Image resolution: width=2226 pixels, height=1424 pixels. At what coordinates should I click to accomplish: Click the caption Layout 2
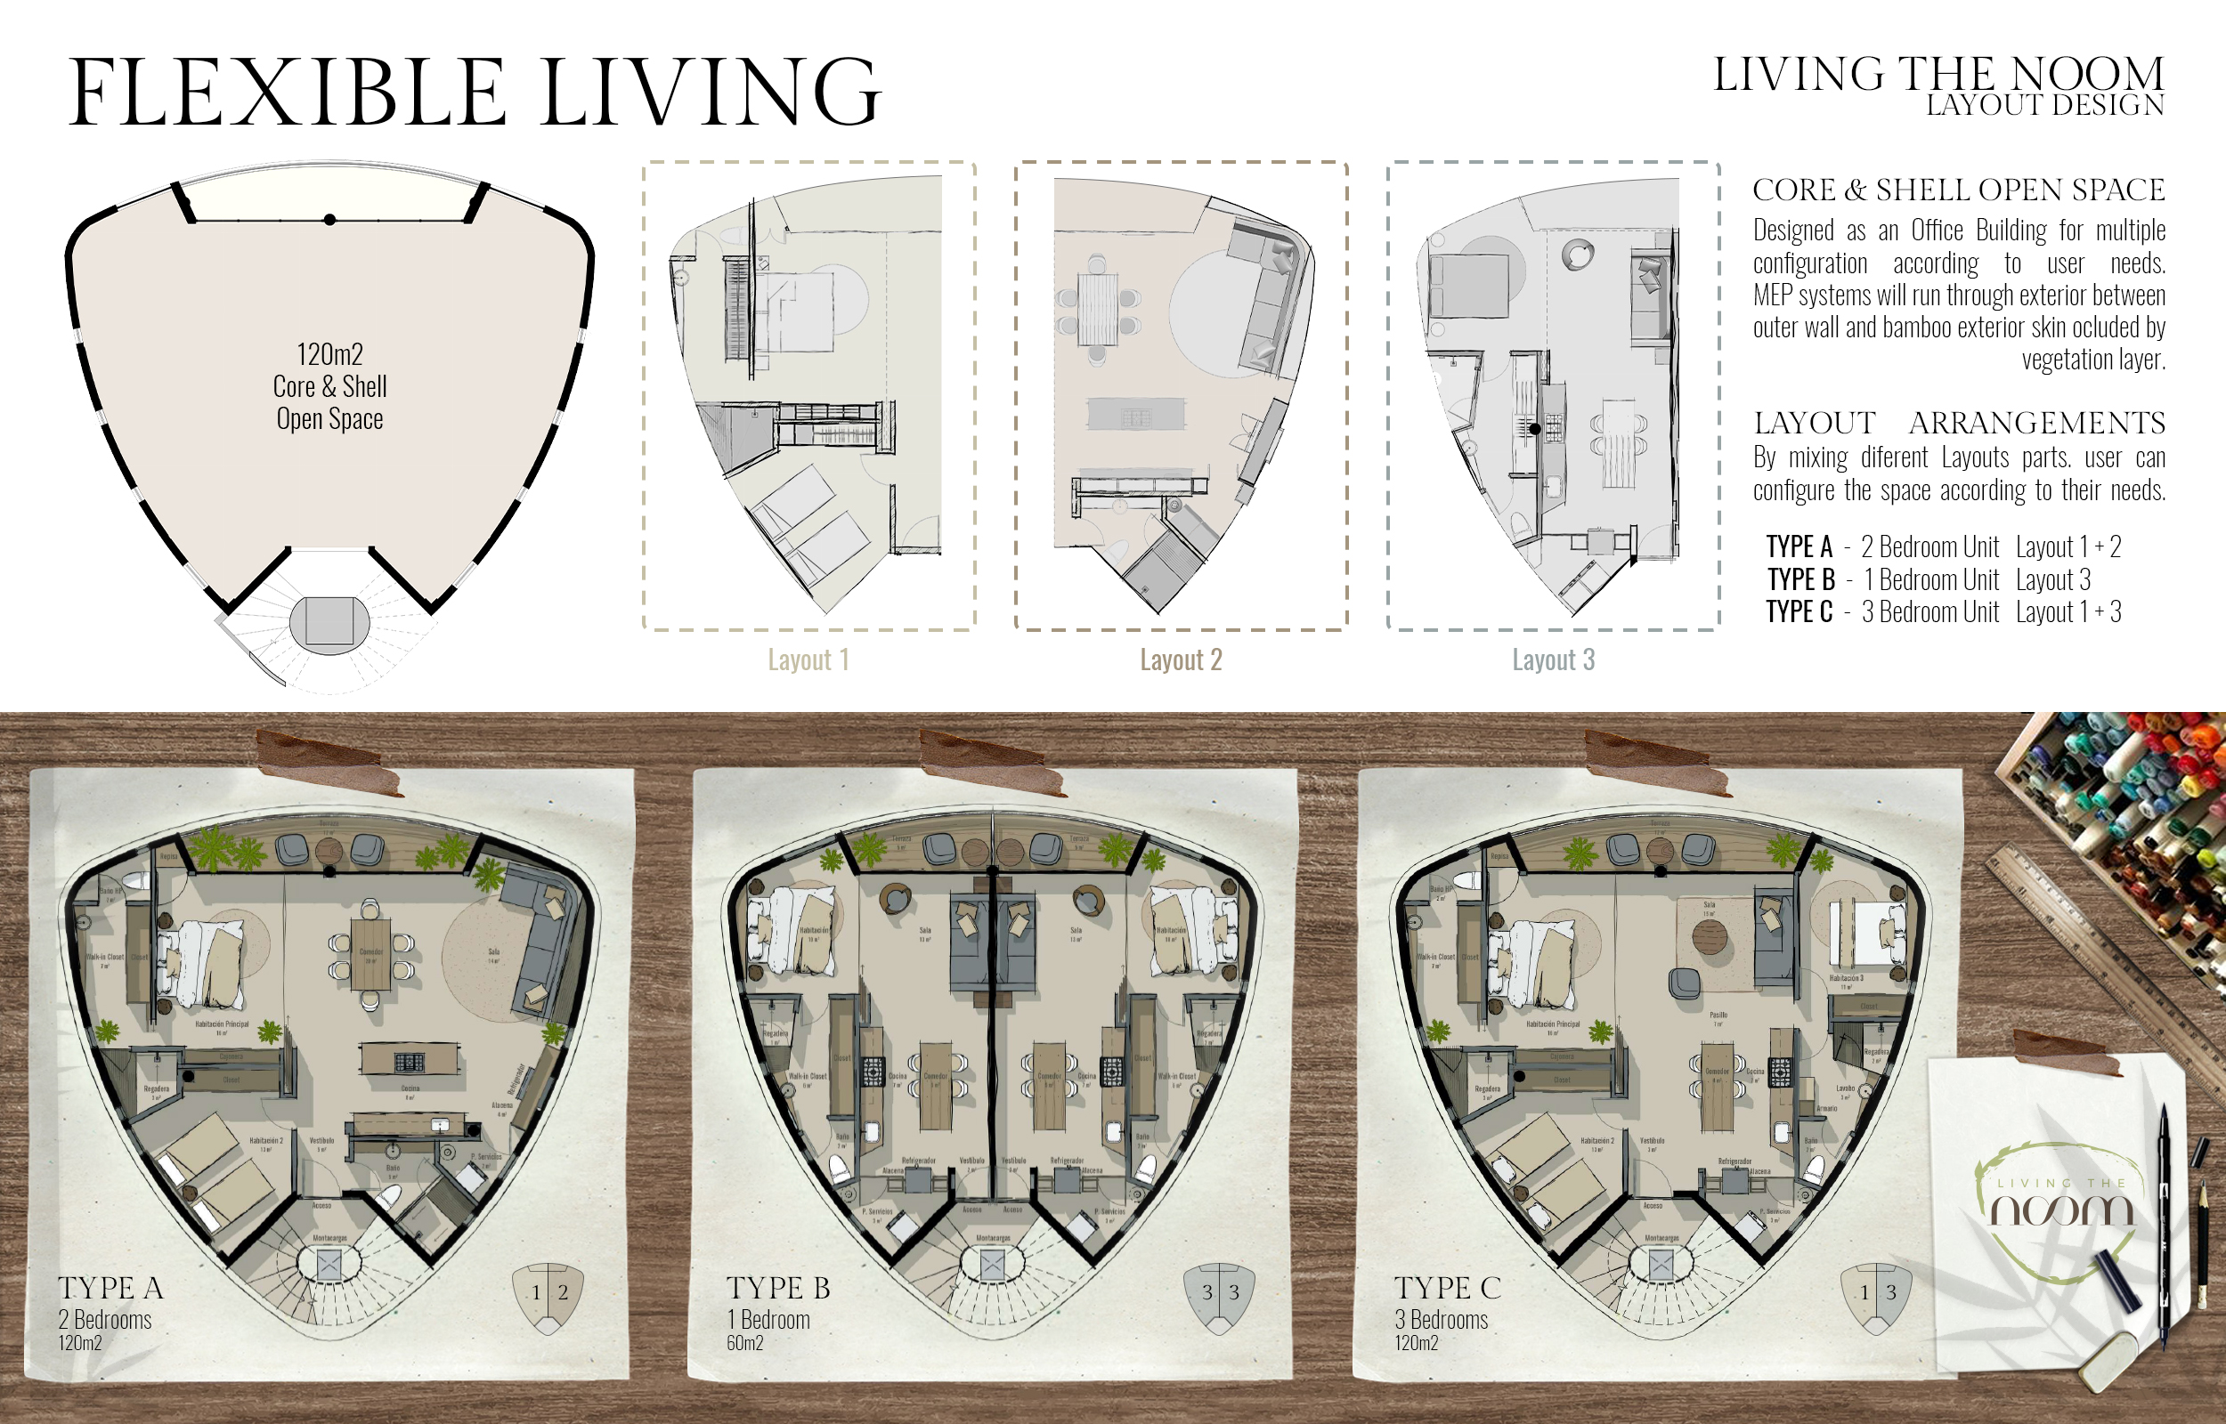point(1180,660)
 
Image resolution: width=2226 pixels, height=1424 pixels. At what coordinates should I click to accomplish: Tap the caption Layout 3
point(1553,660)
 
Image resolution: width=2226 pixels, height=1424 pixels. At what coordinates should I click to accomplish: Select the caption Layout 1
point(808,660)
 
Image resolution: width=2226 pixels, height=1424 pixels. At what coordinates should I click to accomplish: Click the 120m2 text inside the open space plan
point(329,354)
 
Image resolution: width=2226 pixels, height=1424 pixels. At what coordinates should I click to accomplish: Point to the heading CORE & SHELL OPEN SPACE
point(1958,190)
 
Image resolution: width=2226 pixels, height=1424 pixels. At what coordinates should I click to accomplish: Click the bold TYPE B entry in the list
point(1799,579)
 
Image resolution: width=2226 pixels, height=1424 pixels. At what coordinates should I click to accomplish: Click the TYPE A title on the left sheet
point(110,1287)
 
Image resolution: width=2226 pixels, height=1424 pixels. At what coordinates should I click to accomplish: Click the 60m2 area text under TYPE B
point(744,1343)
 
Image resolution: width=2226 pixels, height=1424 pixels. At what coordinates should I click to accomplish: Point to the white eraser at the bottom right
point(2108,1360)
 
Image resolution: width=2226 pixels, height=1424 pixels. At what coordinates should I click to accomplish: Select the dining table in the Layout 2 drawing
point(1098,308)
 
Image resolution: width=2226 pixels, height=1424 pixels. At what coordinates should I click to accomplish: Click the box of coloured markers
point(2117,813)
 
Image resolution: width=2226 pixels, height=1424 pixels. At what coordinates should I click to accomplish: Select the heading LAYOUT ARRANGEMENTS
point(1958,423)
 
